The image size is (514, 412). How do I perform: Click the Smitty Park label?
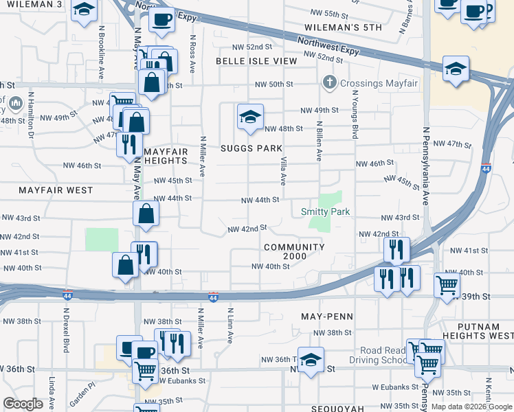[x=326, y=211]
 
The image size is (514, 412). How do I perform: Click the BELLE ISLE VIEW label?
[x=256, y=61]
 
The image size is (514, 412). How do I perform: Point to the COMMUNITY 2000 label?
[x=293, y=251]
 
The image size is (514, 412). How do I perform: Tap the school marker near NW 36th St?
[x=311, y=359]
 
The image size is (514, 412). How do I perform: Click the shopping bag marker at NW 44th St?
[x=146, y=213]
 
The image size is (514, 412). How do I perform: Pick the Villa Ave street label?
[x=283, y=170]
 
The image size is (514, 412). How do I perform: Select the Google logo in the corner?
[x=23, y=404]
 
